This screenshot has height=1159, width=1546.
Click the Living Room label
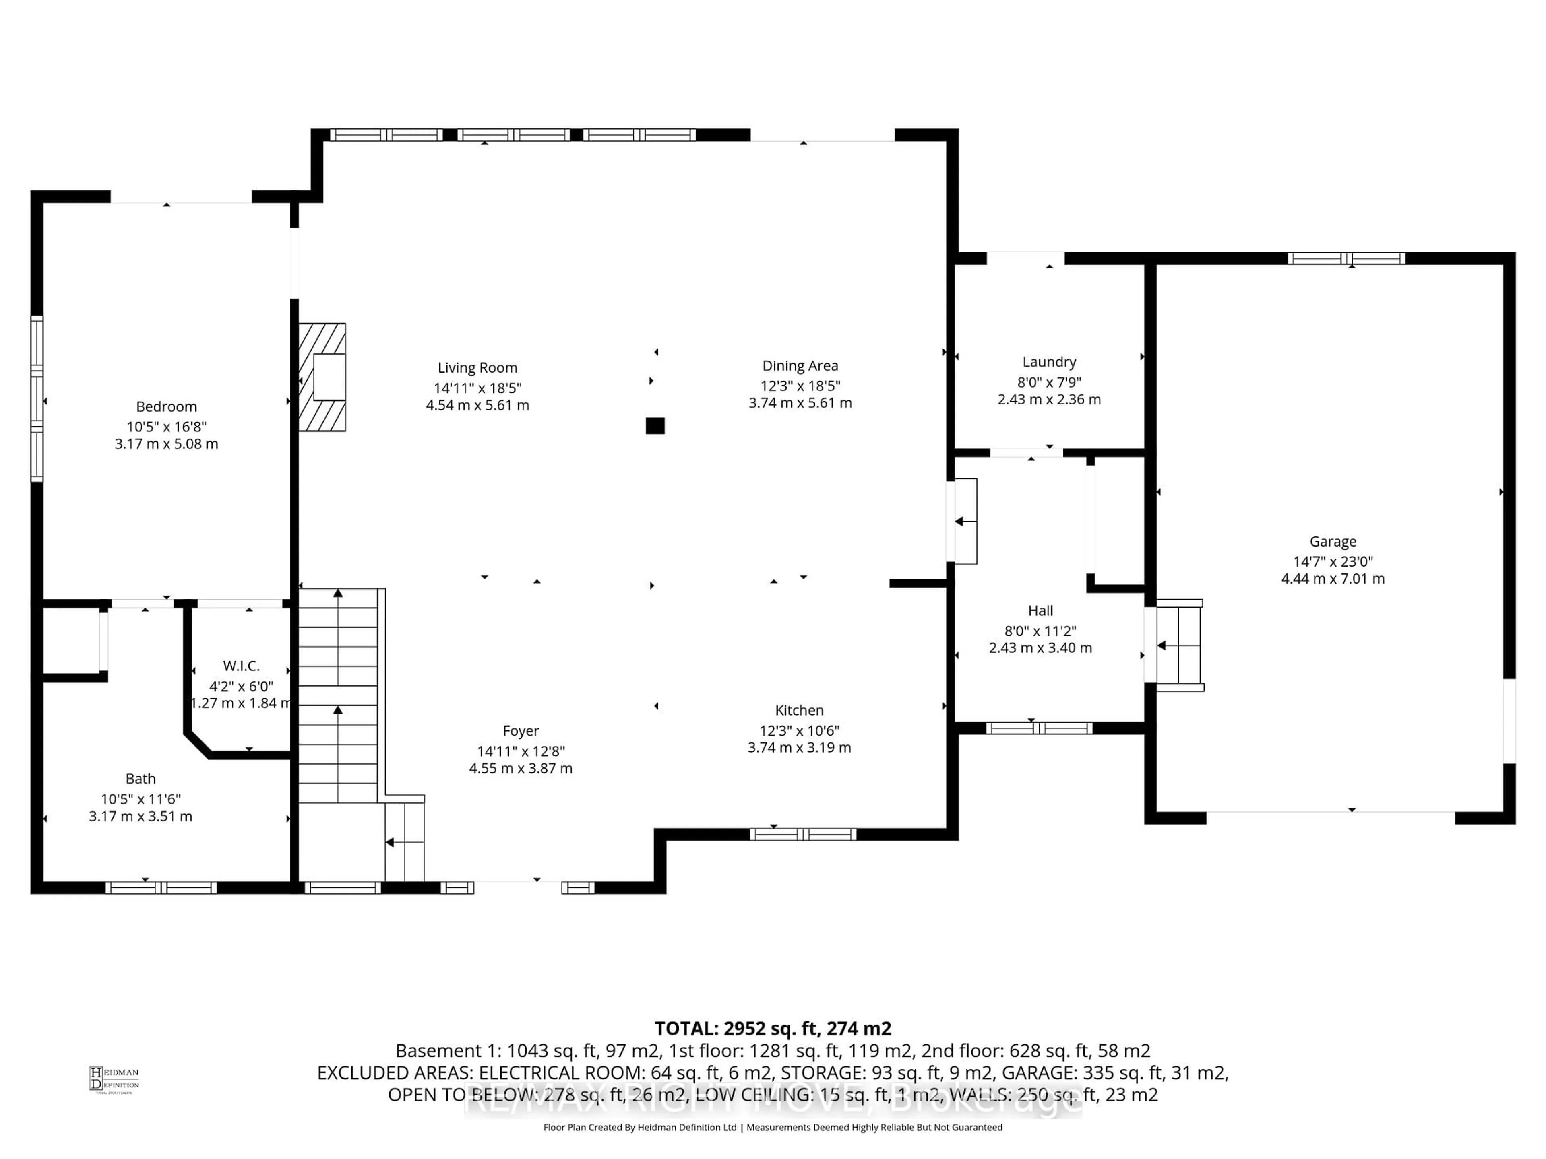click(x=477, y=367)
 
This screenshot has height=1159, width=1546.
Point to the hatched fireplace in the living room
click(x=322, y=377)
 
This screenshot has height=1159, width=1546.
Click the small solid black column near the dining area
click(x=655, y=425)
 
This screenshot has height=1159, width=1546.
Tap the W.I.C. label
click(x=241, y=666)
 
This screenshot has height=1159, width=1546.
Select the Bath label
click(x=141, y=778)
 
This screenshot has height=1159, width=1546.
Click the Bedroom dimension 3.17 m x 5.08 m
click(x=166, y=443)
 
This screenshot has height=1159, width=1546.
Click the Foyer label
click(x=521, y=731)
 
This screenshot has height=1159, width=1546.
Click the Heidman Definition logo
click(x=114, y=1079)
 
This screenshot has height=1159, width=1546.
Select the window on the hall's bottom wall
click(x=1039, y=729)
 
